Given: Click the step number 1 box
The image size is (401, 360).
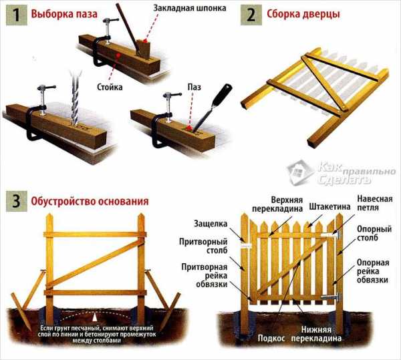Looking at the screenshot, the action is (16, 15).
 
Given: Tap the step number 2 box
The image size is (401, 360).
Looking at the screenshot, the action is (251, 15).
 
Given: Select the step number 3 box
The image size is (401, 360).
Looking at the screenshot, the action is (16, 201).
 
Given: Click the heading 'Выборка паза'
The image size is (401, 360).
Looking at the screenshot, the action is (64, 14).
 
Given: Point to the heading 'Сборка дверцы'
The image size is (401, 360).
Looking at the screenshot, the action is (303, 14).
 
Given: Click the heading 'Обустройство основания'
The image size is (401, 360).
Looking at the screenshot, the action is (90, 201).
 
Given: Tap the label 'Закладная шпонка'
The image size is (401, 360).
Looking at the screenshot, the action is (190, 8).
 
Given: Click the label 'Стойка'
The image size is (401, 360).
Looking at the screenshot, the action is (110, 87).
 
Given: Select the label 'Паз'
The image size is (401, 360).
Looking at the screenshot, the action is (194, 87).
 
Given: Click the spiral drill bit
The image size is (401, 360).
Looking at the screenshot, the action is (75, 99).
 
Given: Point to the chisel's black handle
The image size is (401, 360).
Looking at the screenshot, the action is (223, 95).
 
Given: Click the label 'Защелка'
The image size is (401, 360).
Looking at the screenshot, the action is (211, 224).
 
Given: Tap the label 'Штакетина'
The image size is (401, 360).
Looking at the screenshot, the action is (329, 206).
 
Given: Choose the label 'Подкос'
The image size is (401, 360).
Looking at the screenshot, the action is (271, 338).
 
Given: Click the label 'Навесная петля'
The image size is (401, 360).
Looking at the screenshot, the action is (375, 203).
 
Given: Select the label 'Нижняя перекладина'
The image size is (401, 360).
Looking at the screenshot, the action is (316, 334).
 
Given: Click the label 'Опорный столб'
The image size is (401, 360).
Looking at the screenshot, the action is (374, 233).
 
